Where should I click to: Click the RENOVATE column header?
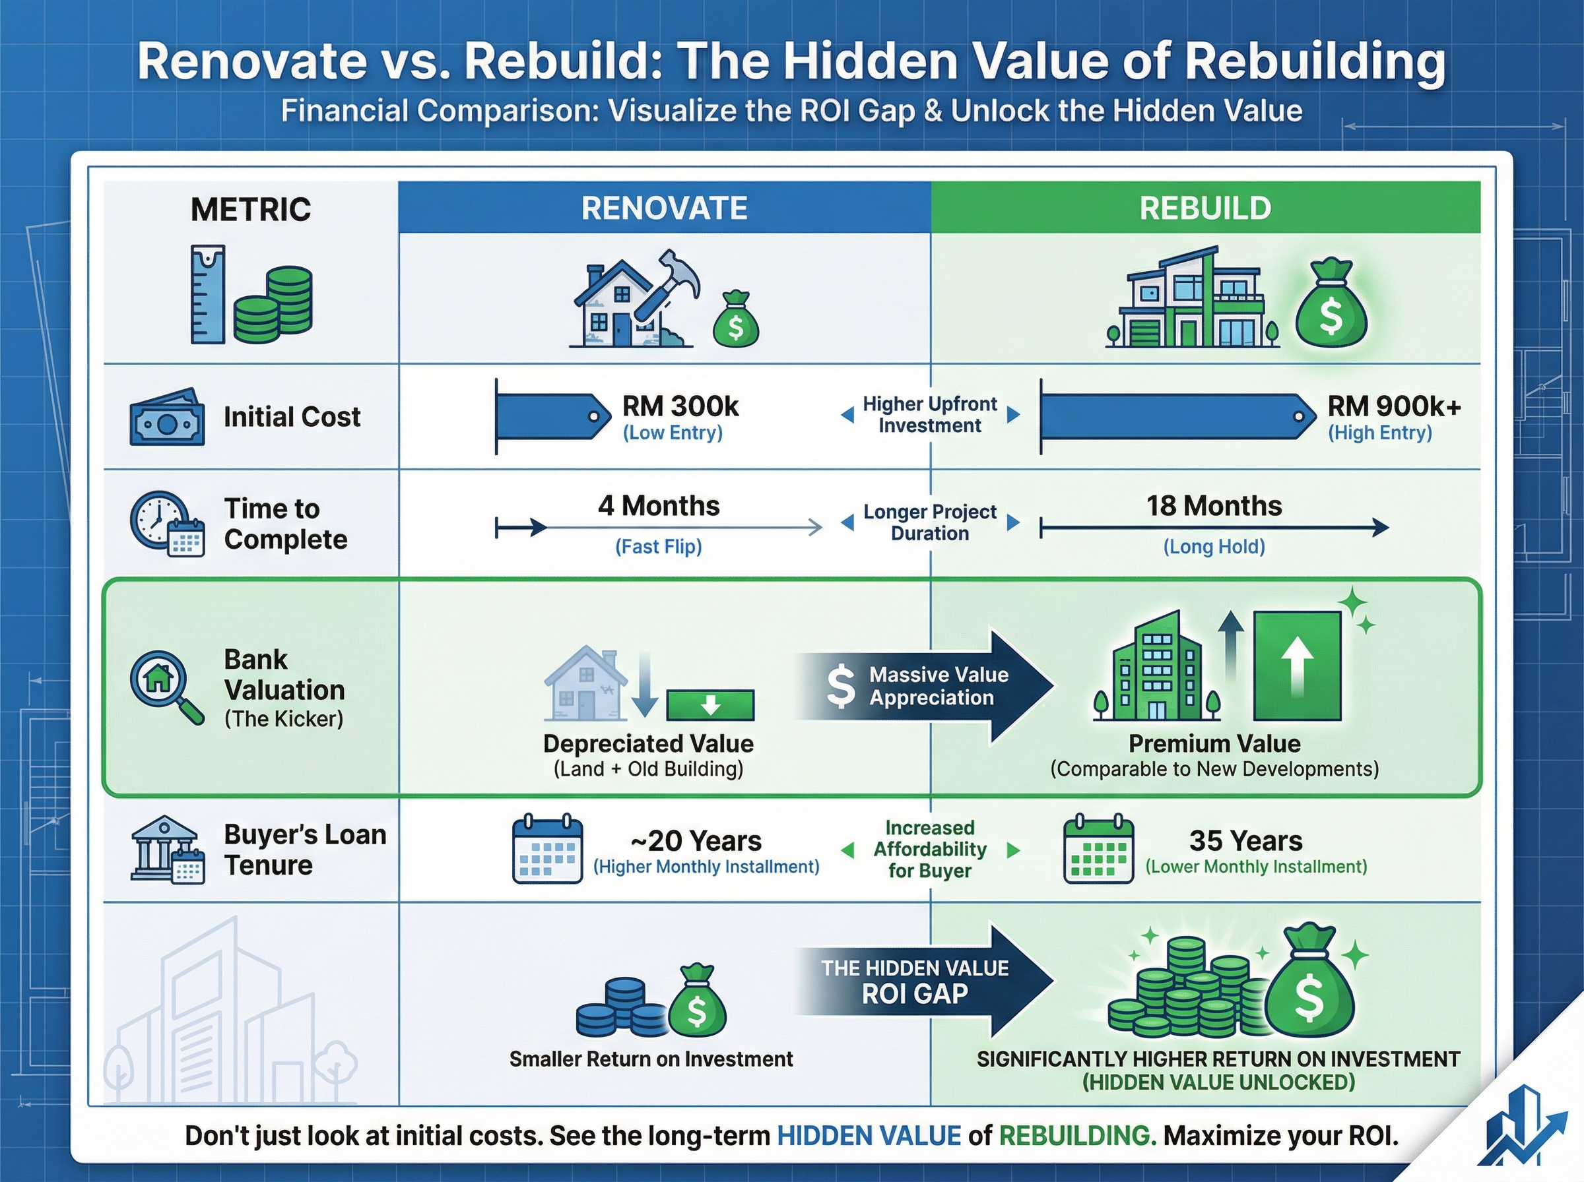(x=664, y=208)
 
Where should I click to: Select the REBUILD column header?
(x=1204, y=208)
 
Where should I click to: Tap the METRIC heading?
(x=251, y=210)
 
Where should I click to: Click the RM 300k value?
(x=680, y=406)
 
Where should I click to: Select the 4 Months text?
(x=659, y=506)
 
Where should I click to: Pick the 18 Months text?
(x=1214, y=506)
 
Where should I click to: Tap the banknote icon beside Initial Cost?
(x=167, y=418)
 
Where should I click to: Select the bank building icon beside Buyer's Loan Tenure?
(x=163, y=847)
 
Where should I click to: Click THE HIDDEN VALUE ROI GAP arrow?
(x=923, y=981)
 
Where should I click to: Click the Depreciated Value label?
(x=647, y=743)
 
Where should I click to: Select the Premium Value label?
(x=1214, y=743)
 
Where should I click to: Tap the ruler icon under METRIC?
(x=208, y=294)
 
